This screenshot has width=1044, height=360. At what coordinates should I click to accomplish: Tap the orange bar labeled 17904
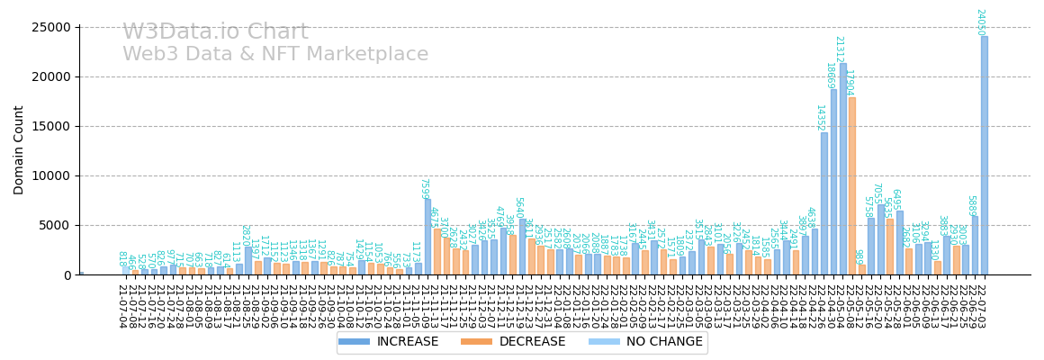click(852, 185)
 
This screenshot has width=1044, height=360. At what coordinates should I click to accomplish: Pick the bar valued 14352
click(823, 203)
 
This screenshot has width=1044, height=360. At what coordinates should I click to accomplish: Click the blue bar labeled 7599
click(427, 237)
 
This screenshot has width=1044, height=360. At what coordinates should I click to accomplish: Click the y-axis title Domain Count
click(19, 150)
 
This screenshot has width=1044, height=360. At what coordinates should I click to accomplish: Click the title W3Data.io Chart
click(215, 32)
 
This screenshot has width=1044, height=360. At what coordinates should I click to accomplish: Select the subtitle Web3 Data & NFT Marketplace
click(275, 55)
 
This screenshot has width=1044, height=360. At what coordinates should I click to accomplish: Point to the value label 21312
click(839, 49)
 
